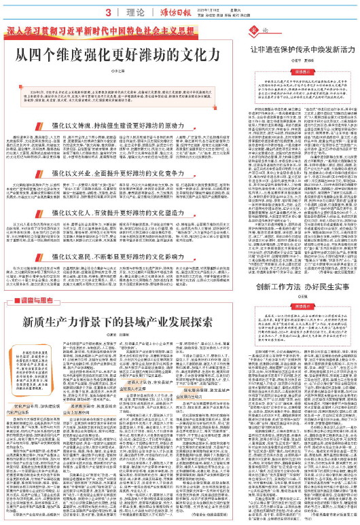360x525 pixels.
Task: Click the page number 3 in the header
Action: pyautogui.click(x=108, y=12)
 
